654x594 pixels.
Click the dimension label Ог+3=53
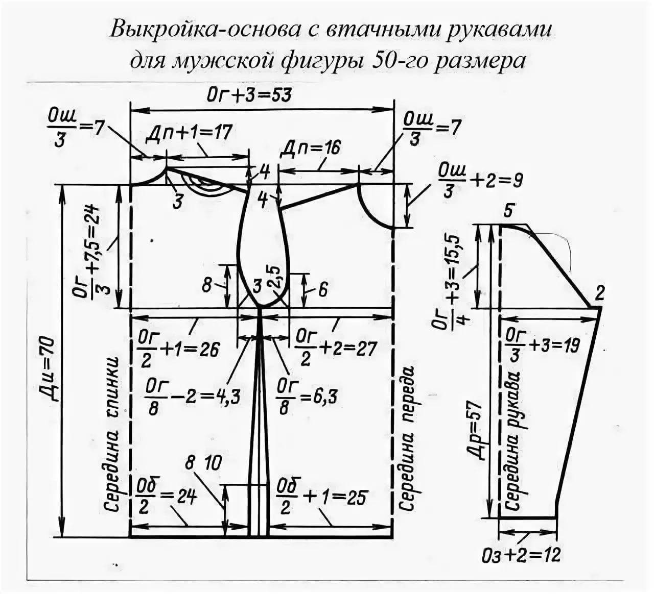coord(249,94)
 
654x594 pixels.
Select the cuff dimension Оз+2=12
coord(521,554)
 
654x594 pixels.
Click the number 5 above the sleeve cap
coord(507,211)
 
